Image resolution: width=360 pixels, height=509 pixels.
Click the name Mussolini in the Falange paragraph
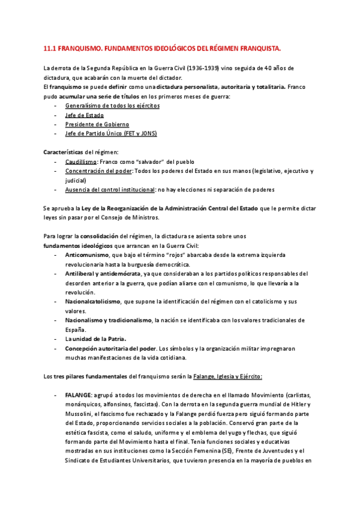82,415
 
